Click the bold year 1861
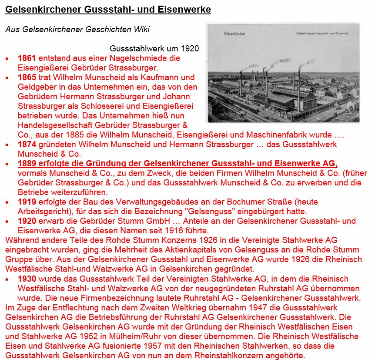tap(27, 58)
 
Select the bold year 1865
tap(27, 77)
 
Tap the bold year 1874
tap(27, 144)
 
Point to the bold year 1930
tap(27, 279)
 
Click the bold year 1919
tap(27, 202)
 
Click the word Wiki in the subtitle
tap(141, 30)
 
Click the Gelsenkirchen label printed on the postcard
tap(233, 34)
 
